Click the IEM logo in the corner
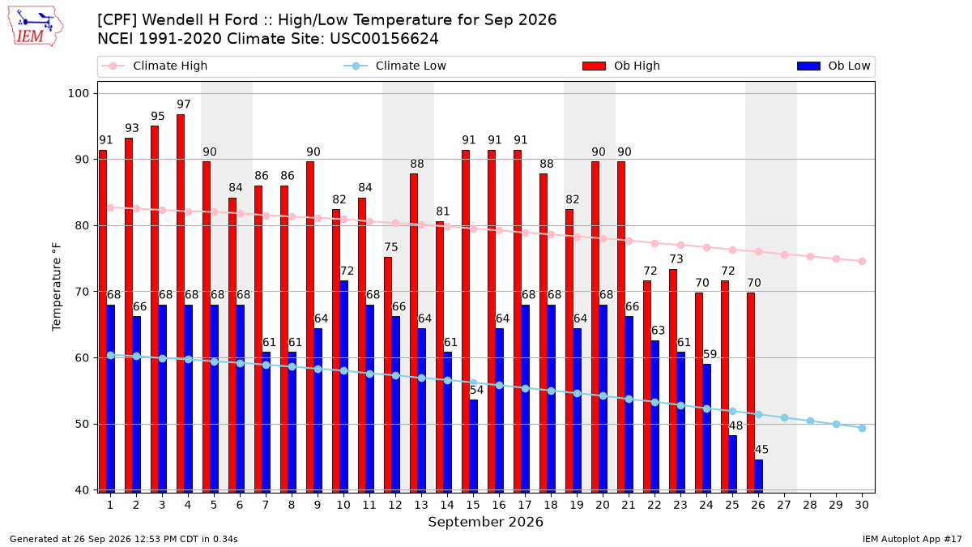point(36,27)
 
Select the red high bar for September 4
point(181,303)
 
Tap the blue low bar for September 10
point(343,387)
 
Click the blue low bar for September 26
point(758,476)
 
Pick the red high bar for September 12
point(388,374)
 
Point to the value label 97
point(184,105)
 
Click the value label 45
point(761,449)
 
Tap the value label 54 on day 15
point(476,390)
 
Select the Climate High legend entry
point(154,66)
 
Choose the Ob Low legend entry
point(833,66)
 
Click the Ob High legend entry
point(621,66)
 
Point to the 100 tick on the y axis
point(78,93)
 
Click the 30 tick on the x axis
point(862,505)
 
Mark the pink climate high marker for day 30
point(862,261)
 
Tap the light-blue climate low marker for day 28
point(810,421)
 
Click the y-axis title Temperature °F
point(57,287)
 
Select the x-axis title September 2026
point(485,522)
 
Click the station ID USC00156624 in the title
point(384,39)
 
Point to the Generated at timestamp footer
point(124,539)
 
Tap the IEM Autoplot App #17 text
point(912,539)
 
